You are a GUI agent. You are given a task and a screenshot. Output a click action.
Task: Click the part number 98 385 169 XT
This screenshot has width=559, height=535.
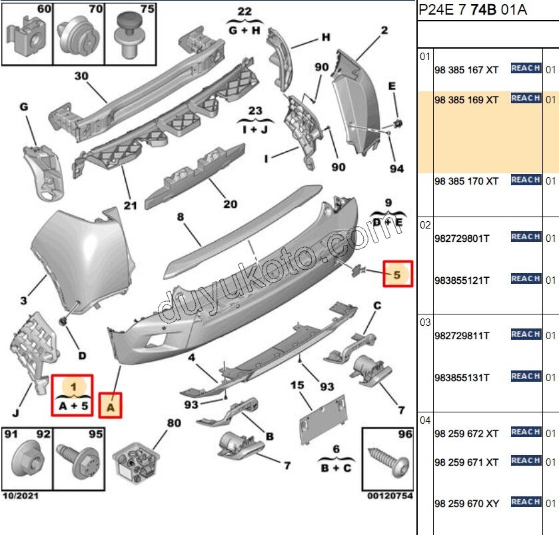point(466,100)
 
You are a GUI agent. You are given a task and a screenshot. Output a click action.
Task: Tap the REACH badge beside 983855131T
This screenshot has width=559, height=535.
point(526,376)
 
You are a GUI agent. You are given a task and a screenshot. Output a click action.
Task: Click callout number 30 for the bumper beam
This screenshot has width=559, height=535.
point(81,77)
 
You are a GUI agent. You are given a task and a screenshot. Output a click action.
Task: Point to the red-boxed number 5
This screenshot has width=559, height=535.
point(397,274)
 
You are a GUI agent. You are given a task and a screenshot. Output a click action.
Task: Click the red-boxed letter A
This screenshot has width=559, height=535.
point(111,404)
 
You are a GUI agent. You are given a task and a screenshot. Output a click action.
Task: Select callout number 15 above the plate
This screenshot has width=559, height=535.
point(296,385)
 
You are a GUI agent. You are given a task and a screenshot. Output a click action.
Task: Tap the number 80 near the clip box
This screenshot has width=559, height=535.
point(173,422)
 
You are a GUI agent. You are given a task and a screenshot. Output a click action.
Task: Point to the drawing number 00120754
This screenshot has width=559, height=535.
point(389,496)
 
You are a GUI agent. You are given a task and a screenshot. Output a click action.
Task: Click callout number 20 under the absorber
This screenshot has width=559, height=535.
point(230,205)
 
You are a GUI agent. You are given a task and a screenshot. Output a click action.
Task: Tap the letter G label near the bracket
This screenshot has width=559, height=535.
point(24,107)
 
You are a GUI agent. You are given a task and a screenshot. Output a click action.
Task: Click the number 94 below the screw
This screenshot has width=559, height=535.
point(397,169)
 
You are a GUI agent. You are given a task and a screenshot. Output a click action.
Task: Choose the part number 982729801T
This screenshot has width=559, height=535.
point(462,238)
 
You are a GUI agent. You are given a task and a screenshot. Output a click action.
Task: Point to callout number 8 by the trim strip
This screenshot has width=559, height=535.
point(180,217)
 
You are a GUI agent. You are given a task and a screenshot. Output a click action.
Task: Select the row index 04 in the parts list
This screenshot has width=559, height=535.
point(425,420)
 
